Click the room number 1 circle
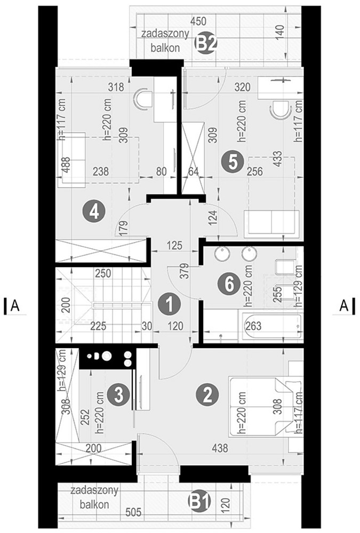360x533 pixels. [x=170, y=304]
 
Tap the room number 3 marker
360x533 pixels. [x=118, y=394]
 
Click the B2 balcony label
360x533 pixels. [x=205, y=44]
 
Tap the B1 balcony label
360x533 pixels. [x=200, y=501]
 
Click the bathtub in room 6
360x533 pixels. [x=272, y=326]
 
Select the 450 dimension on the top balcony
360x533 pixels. [x=198, y=21]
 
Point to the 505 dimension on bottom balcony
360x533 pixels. [x=133, y=512]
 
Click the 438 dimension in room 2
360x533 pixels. [x=220, y=448]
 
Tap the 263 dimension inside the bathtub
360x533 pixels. [x=253, y=326]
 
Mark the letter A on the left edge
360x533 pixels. [x=14, y=305]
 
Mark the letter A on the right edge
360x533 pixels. [x=344, y=305]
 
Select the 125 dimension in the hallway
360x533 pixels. [x=174, y=245]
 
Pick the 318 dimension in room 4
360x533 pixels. [x=116, y=87]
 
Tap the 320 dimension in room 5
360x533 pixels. [x=242, y=87]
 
